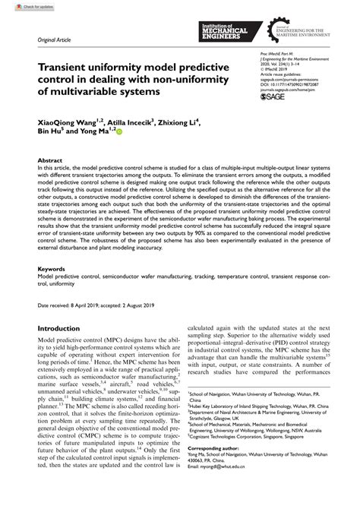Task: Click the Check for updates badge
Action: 21,6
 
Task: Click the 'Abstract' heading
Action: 50,162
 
